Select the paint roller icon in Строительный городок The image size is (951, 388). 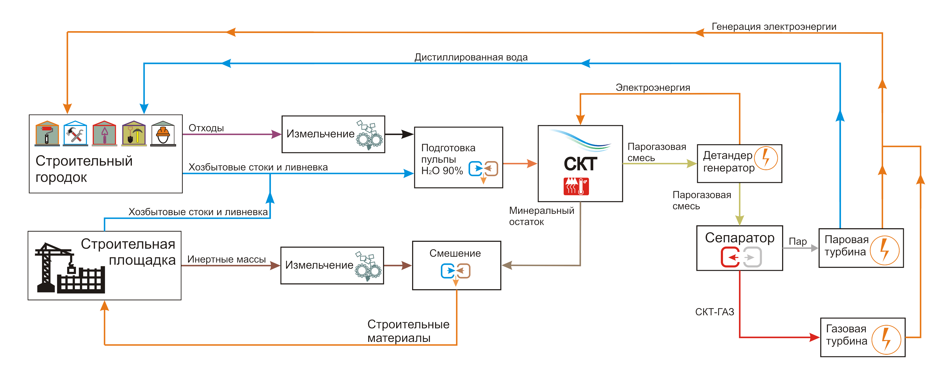(47, 134)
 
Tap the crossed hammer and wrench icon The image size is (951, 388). (75, 134)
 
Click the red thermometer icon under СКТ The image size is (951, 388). (576, 186)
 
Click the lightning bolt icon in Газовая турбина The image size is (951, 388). (886, 339)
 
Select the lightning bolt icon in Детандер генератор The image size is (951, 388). (766, 158)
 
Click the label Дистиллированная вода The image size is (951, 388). (471, 57)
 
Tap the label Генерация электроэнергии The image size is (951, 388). (774, 27)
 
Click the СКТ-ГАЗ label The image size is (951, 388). (714, 312)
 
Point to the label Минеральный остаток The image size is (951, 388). (541, 216)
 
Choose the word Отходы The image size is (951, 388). (206, 128)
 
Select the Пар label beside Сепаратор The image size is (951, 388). (797, 242)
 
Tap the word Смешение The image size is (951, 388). (455, 253)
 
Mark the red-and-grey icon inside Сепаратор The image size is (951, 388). (741, 257)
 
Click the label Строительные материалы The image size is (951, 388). (408, 331)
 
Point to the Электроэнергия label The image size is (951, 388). (653, 88)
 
